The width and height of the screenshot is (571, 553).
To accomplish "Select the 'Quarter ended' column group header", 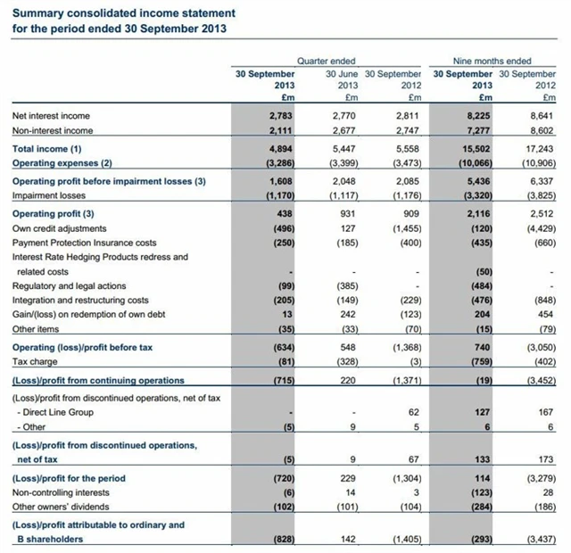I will (x=330, y=61).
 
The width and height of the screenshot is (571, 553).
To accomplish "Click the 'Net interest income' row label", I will (x=51, y=116).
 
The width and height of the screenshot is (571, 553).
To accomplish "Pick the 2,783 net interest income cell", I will (x=280, y=116).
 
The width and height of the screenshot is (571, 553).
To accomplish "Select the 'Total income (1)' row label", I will (x=46, y=148).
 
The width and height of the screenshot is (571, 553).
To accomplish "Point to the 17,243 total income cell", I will (x=539, y=148).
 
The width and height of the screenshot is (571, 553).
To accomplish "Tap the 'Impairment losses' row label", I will (x=48, y=195).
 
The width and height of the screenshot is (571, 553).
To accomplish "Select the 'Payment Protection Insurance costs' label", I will (x=84, y=243).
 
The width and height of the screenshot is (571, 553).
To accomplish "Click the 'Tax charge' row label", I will (x=36, y=361).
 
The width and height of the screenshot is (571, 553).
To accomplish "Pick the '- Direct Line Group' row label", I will (x=54, y=413).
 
